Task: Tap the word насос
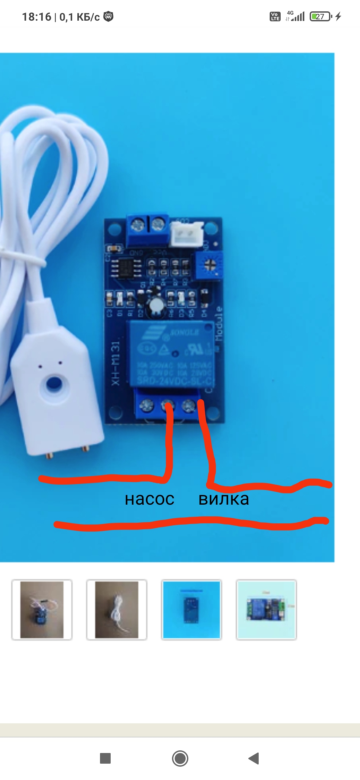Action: [x=150, y=499]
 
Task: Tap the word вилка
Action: [x=224, y=499]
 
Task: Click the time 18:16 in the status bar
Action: [x=37, y=17]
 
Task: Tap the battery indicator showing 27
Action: [x=320, y=16]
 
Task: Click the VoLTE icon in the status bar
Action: [x=275, y=16]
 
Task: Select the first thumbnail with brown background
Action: [x=42, y=610]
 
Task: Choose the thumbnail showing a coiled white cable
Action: [x=117, y=610]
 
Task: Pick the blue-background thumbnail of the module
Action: [x=191, y=610]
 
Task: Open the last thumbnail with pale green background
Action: [x=266, y=610]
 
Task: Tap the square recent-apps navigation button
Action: [x=105, y=758]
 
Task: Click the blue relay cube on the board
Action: [x=170, y=353]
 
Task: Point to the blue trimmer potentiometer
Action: [x=209, y=265]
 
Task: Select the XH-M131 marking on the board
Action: [x=115, y=363]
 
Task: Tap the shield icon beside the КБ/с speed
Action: [x=108, y=16]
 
